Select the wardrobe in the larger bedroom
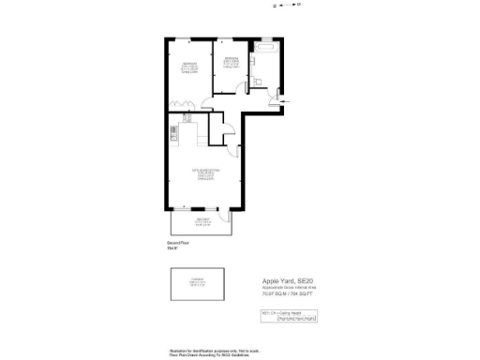coord(179,104)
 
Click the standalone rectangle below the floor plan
coord(198,282)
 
